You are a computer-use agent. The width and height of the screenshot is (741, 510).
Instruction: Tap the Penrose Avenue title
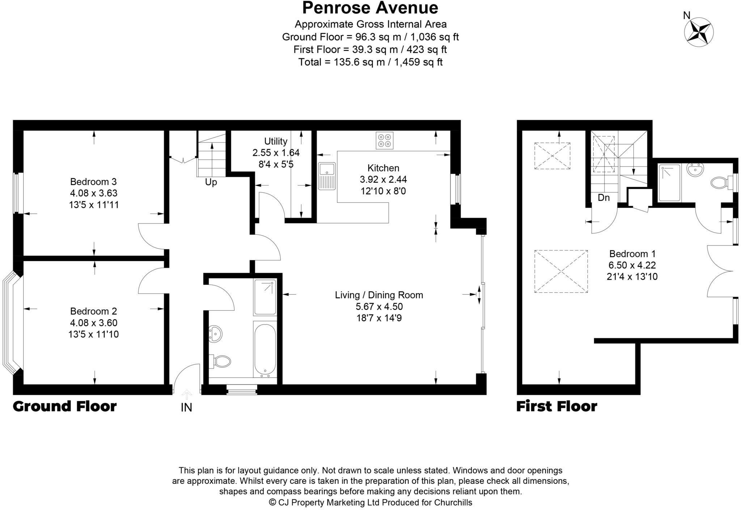[x=370, y=8]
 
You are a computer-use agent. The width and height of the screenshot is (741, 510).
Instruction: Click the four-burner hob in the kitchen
[x=384, y=141]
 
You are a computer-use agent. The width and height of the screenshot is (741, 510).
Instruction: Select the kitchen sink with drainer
[x=327, y=176]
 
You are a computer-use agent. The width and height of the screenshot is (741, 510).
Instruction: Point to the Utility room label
[x=276, y=141]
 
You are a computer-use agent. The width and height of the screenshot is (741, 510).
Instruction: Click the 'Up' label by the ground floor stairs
[x=211, y=182]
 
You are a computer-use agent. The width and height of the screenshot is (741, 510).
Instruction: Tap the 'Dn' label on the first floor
[x=604, y=198]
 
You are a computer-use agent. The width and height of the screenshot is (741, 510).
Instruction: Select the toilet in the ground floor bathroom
[x=221, y=361]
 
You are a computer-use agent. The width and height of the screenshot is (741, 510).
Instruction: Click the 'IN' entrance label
[x=186, y=408]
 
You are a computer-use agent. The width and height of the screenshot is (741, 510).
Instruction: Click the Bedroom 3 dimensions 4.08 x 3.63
[x=94, y=193]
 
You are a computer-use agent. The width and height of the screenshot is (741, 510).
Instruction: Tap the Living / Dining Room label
[x=379, y=295]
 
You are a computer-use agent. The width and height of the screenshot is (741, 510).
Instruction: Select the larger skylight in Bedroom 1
[x=560, y=271]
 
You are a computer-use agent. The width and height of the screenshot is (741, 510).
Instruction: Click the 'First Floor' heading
[x=556, y=406]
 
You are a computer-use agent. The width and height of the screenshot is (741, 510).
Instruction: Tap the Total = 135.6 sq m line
[x=370, y=62]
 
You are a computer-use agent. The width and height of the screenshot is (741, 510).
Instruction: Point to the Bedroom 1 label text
[x=632, y=254]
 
